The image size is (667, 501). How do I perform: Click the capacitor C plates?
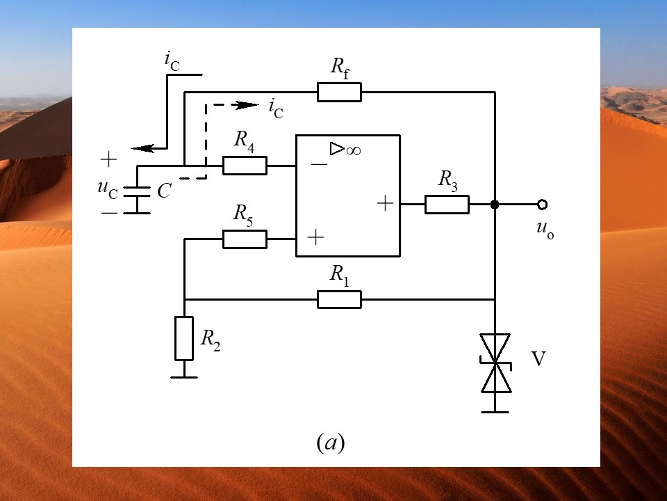[x=137, y=192]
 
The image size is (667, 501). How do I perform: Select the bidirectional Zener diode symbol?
[x=495, y=363]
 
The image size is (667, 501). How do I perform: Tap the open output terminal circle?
[x=542, y=205]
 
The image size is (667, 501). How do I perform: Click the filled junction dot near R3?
[x=495, y=205]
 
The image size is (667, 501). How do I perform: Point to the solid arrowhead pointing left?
[x=143, y=148]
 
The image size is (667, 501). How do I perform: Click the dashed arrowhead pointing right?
[x=247, y=105]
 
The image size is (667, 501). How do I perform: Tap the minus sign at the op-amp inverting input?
[x=319, y=164]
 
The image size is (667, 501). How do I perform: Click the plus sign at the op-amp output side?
[x=385, y=203]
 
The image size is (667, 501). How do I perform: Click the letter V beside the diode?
[x=538, y=359]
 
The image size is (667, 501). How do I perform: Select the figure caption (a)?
[x=331, y=443]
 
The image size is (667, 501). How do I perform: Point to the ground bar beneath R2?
[x=184, y=377]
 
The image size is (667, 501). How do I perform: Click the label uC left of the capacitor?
[x=107, y=189]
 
